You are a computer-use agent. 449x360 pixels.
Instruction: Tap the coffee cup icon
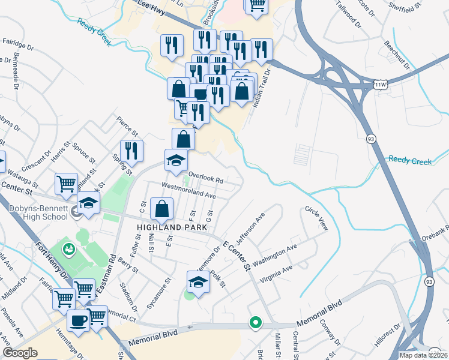78,321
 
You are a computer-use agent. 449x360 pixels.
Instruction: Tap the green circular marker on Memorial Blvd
255,323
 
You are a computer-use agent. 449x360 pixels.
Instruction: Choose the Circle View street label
317,220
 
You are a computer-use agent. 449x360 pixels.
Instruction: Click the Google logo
20,353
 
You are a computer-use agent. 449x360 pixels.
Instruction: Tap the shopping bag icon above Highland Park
161,209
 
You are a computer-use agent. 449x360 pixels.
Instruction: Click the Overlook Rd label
205,178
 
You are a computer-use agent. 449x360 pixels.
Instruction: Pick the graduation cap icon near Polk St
198,281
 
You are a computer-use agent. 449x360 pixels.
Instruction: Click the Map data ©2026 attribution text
423,355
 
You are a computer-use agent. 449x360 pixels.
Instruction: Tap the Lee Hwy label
150,4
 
